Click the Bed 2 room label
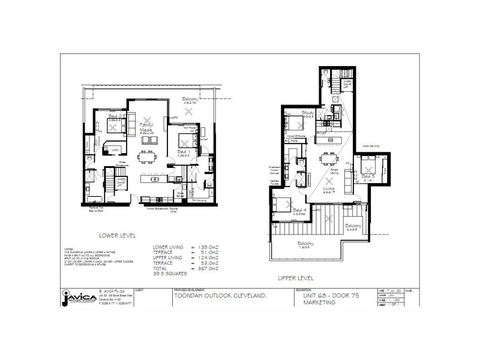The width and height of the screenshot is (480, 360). [x=116, y=116]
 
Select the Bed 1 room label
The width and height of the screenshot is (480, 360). [x=182, y=152]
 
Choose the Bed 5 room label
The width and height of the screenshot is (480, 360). [x=369, y=176]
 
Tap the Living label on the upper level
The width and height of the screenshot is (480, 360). [x=328, y=190]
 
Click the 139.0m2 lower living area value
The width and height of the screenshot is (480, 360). [x=200, y=247]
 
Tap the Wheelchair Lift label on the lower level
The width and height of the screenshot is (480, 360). [x=120, y=181]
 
